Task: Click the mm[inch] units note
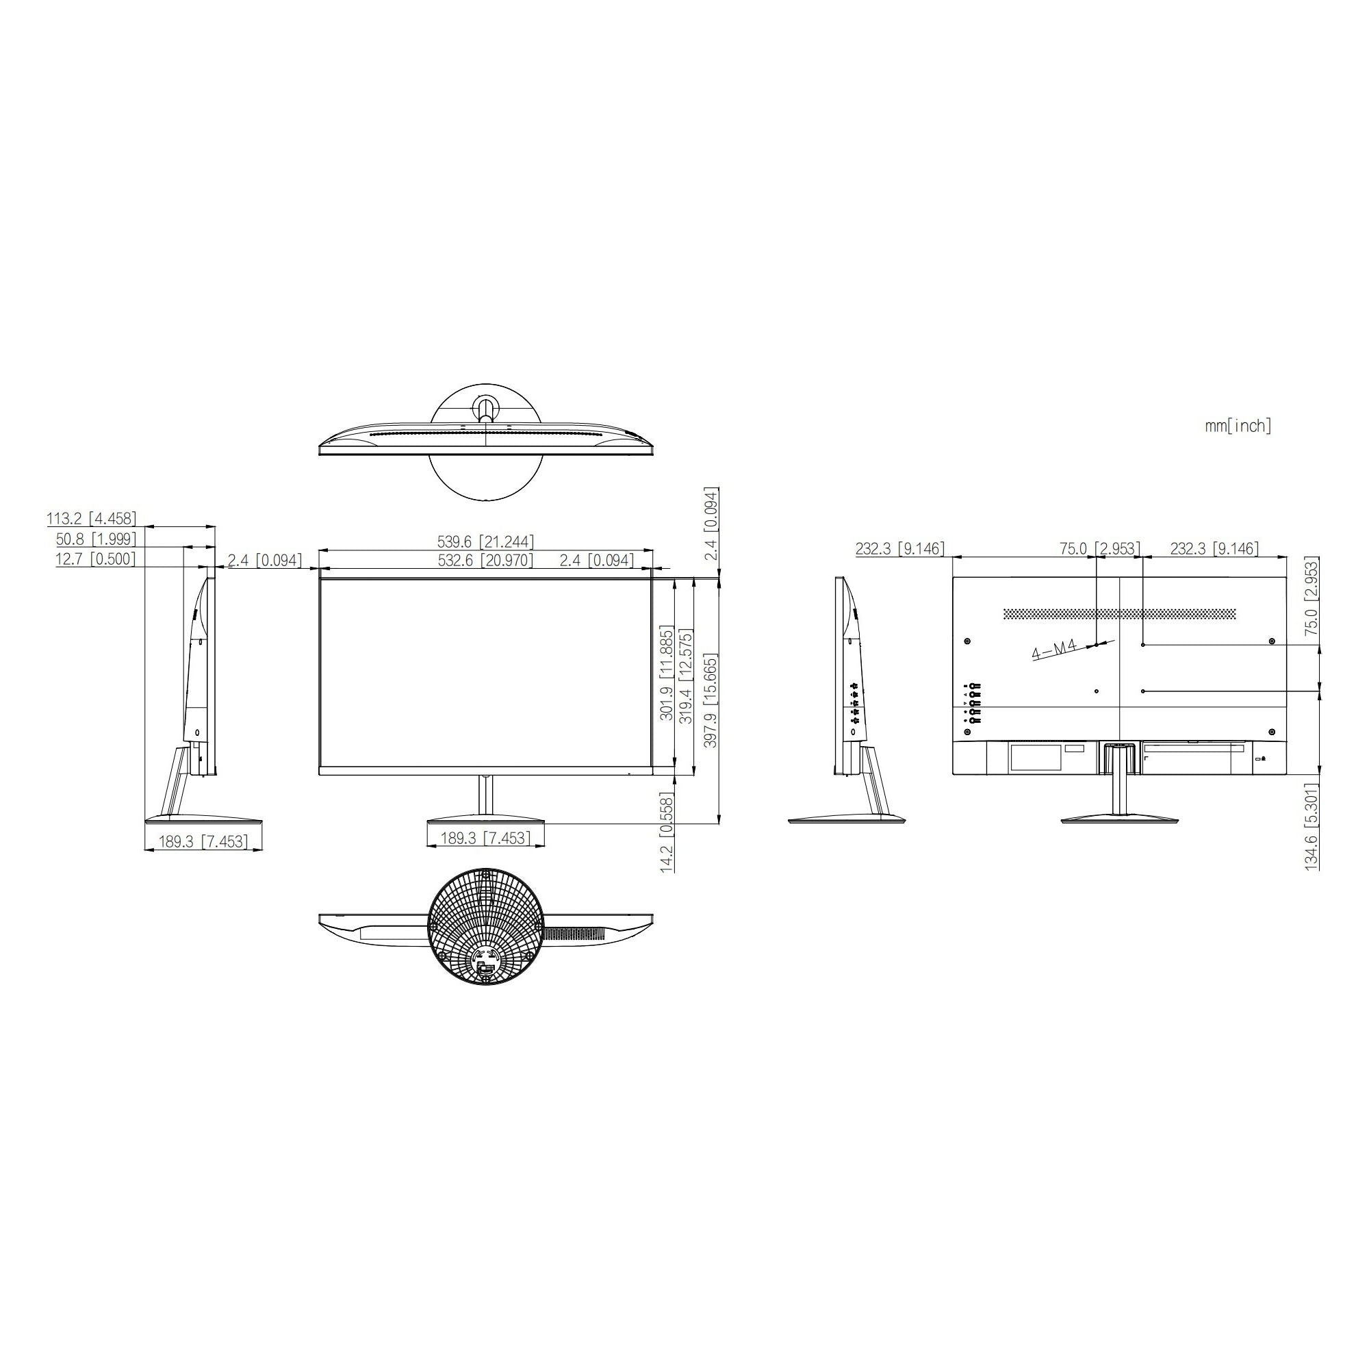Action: (x=1238, y=426)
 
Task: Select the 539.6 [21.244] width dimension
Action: (x=485, y=542)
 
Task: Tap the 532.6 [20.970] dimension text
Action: (x=485, y=561)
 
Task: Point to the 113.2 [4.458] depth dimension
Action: (x=92, y=519)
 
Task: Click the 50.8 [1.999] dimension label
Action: (x=97, y=539)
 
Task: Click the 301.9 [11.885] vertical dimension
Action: (x=666, y=673)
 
